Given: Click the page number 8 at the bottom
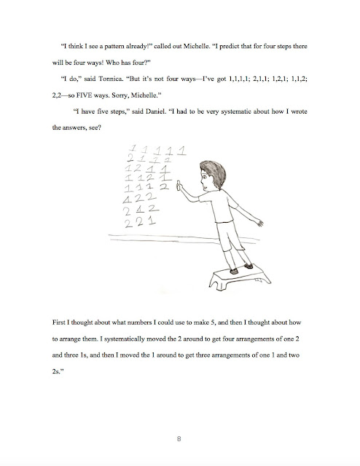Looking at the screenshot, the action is click(179, 438).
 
